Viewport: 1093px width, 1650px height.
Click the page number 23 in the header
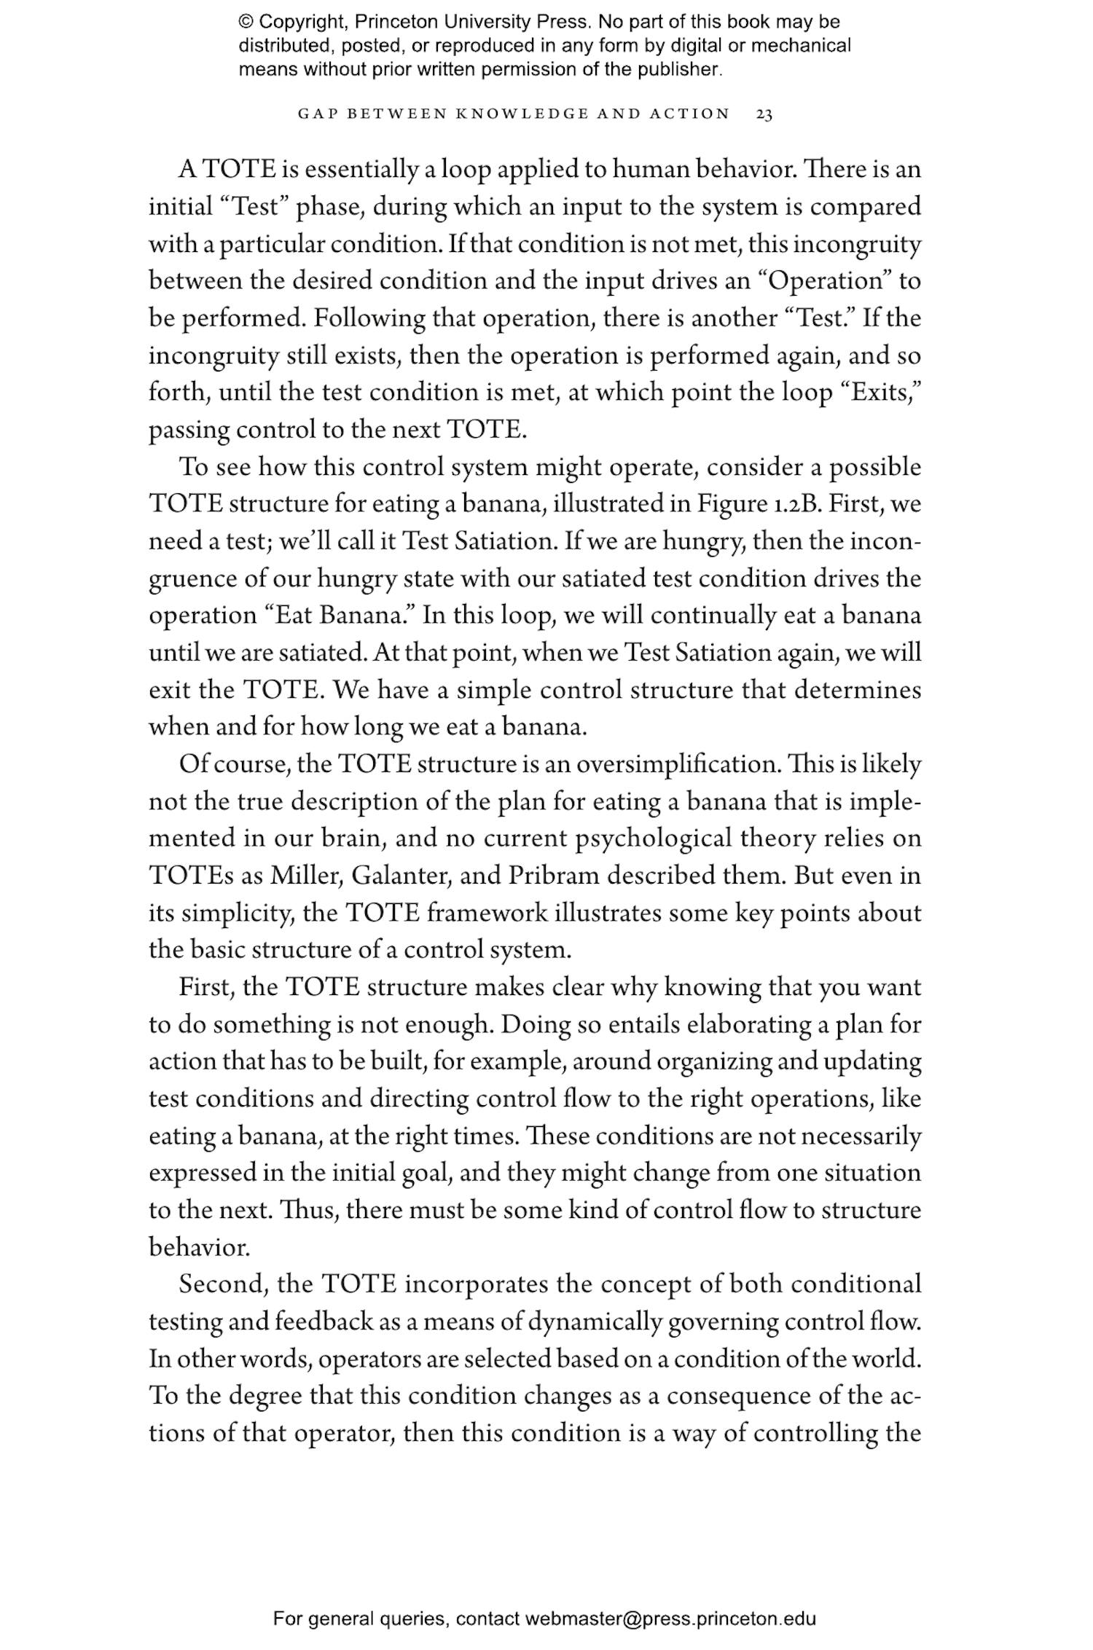coord(764,114)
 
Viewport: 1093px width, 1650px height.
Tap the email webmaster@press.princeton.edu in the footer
coord(670,1619)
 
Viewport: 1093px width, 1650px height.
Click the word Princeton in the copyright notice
coord(391,22)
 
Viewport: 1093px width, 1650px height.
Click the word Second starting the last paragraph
coord(222,1284)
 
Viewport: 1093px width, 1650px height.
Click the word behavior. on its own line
coord(199,1248)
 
